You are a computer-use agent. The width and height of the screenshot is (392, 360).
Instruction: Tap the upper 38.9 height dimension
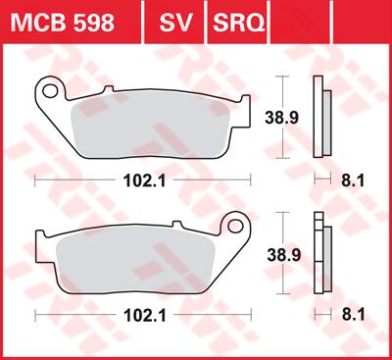[x=283, y=117]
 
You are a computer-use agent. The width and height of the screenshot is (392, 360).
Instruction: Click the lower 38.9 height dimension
[x=283, y=252]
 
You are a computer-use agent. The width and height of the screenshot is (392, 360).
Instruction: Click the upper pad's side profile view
[x=319, y=117]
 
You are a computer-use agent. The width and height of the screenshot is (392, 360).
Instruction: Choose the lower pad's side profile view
[x=319, y=252]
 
